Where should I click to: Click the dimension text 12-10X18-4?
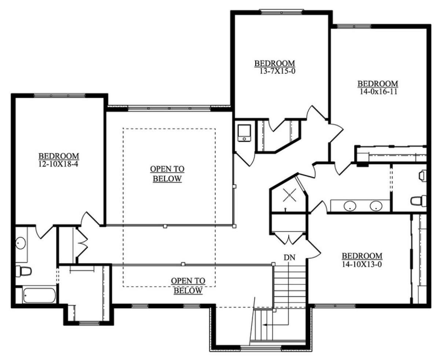(x=58, y=164)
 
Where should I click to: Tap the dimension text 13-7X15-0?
(x=277, y=72)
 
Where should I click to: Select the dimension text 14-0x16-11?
(x=378, y=91)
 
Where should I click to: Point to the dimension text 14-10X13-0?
(x=362, y=264)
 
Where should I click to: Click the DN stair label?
(x=290, y=258)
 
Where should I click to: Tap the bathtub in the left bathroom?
(x=40, y=295)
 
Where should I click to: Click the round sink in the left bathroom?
(x=21, y=243)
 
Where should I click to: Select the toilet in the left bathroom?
(x=23, y=271)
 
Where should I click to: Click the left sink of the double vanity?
(x=350, y=206)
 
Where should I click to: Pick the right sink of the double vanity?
(x=376, y=206)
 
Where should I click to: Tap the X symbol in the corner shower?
(x=289, y=195)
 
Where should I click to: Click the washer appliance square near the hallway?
(x=244, y=133)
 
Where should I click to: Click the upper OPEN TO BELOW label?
(x=167, y=174)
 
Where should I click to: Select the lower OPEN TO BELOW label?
(x=188, y=286)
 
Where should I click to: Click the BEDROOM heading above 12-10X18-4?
(x=59, y=156)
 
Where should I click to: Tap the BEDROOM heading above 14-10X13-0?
(x=362, y=256)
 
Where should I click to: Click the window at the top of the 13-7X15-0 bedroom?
(x=282, y=12)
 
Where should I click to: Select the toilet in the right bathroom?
(x=418, y=201)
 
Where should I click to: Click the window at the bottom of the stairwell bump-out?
(x=261, y=348)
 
